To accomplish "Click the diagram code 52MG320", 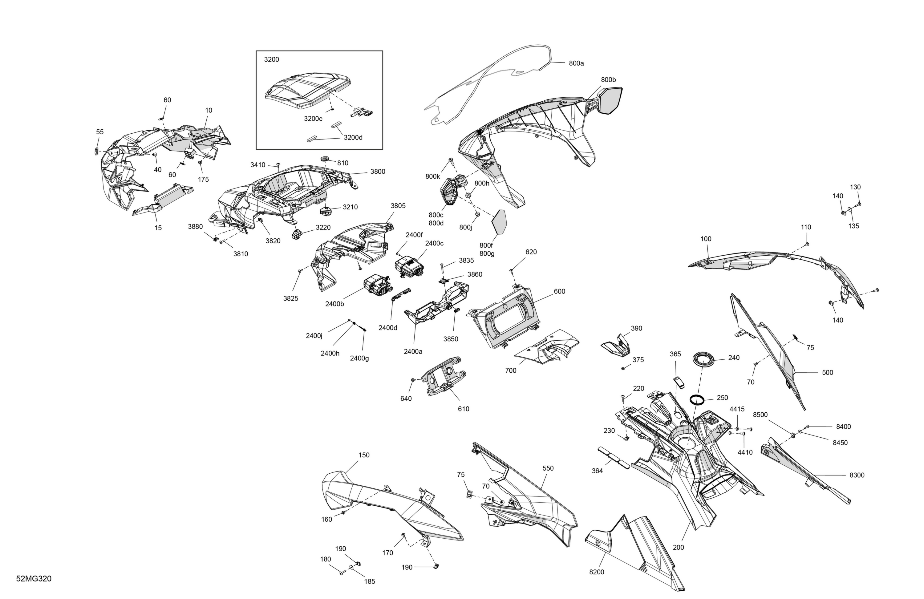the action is coord(34,579).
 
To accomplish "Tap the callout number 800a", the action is coord(576,63).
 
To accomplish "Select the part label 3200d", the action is coord(353,137).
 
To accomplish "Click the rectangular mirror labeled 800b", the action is coord(610,100).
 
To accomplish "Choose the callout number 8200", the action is coord(596,572).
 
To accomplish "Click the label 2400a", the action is coord(413,352).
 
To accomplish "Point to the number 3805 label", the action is coord(398,206).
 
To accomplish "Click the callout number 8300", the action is coord(857,475).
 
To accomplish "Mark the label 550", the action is coord(548,468).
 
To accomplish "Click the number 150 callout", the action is coord(364,455).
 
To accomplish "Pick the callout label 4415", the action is coord(737,409).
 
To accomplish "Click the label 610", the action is coord(464,409).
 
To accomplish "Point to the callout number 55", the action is coord(100,132).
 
